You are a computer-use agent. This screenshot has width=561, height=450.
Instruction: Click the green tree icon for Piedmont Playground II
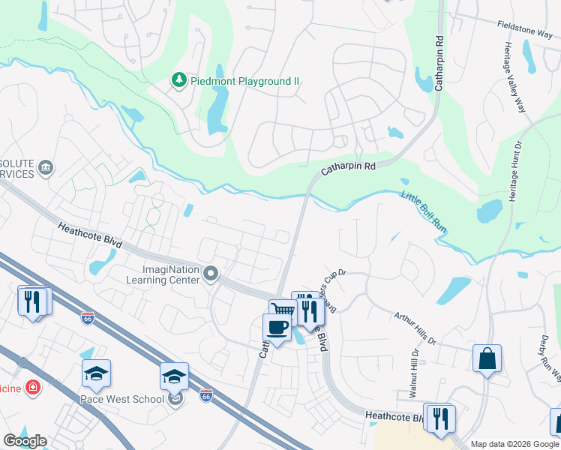(178, 79)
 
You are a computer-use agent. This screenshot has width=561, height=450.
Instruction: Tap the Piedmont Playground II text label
(244, 80)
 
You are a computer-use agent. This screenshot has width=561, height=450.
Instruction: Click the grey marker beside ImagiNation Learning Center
(211, 275)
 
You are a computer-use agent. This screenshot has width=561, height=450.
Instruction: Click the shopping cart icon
(283, 311)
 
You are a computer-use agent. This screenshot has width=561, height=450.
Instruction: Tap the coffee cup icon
(276, 327)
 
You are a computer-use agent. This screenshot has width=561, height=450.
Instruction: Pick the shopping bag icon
(487, 358)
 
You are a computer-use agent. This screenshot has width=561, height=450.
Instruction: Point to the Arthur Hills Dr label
(415, 328)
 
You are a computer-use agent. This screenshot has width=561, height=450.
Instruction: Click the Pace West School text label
(122, 399)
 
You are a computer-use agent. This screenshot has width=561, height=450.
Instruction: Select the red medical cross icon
(32, 387)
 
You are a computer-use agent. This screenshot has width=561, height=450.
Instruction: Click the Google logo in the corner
(25, 441)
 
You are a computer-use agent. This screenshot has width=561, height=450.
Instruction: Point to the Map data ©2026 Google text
(514, 444)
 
